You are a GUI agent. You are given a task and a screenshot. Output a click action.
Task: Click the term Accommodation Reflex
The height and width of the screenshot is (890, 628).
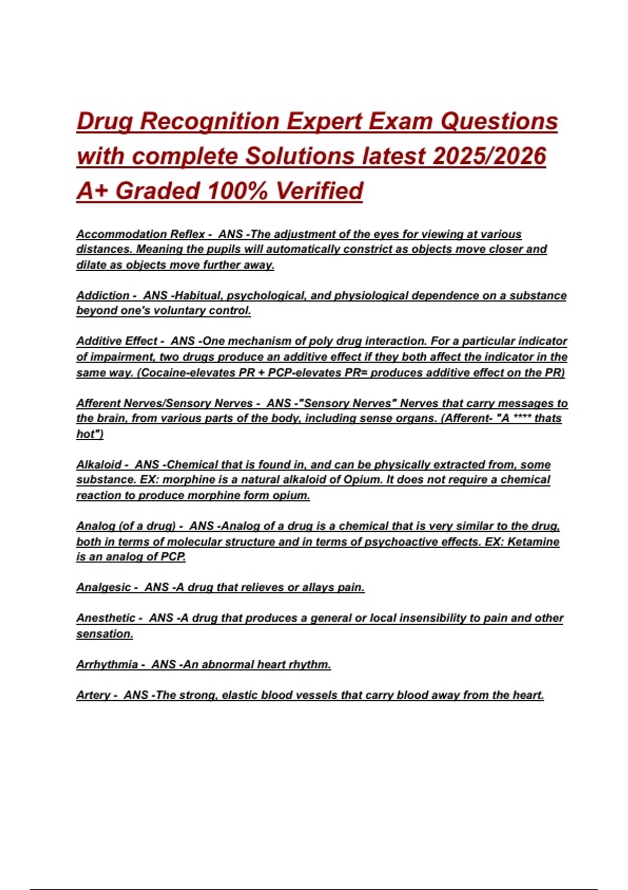point(140,234)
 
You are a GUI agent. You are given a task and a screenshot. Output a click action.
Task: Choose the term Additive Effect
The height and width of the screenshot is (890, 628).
point(116,341)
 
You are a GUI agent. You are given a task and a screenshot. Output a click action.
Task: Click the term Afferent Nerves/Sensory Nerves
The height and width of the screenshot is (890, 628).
point(164,403)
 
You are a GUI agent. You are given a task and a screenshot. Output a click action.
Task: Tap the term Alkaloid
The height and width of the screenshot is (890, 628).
point(99,464)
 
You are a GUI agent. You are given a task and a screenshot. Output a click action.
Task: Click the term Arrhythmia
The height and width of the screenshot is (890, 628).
point(107,664)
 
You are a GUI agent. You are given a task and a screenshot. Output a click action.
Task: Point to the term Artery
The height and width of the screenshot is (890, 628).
point(93,695)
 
